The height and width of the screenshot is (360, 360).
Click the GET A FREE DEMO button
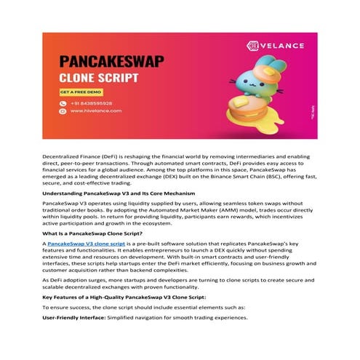[x=80, y=92]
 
